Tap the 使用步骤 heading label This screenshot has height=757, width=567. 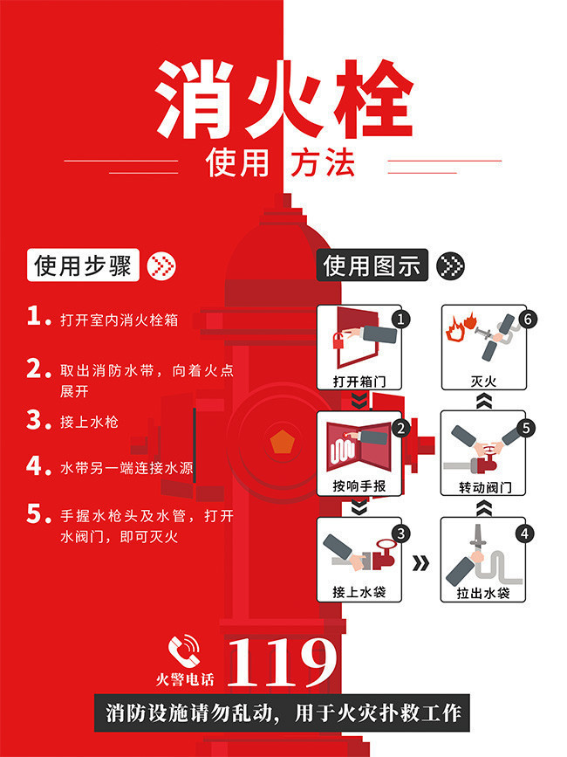84,265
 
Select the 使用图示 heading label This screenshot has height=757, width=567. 372,265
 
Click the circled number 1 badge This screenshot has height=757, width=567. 400,320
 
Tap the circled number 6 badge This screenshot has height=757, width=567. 525,320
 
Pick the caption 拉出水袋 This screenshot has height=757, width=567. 482,593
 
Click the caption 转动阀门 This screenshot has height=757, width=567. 482,486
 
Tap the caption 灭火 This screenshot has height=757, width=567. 482,382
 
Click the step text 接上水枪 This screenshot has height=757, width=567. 89,422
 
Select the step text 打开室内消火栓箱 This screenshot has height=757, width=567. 119,320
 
